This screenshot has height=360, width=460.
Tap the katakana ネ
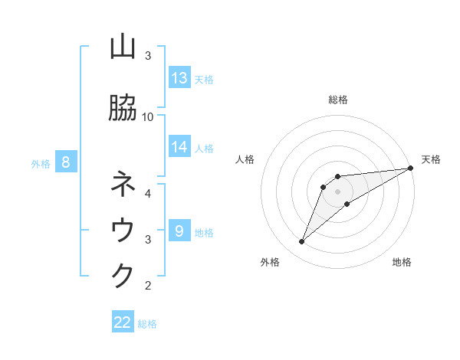(x=123, y=184)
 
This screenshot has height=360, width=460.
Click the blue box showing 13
(x=179, y=78)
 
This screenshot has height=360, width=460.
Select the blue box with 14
(x=179, y=147)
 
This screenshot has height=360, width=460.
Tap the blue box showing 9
(x=179, y=231)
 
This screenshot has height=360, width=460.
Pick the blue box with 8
(x=66, y=162)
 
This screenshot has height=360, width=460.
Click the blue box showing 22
(x=123, y=322)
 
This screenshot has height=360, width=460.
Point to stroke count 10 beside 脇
(x=148, y=116)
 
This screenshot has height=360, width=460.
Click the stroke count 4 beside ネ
(x=148, y=193)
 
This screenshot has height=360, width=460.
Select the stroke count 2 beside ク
(x=148, y=286)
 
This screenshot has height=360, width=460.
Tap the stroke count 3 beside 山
(x=148, y=56)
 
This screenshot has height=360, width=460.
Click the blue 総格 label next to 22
(x=147, y=324)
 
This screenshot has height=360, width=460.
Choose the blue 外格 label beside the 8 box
(x=41, y=163)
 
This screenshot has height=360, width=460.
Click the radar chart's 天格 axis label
(x=431, y=159)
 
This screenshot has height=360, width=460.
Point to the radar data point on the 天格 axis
(x=411, y=168)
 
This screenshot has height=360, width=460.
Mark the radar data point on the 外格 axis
(x=302, y=242)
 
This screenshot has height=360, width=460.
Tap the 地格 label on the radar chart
(x=402, y=262)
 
